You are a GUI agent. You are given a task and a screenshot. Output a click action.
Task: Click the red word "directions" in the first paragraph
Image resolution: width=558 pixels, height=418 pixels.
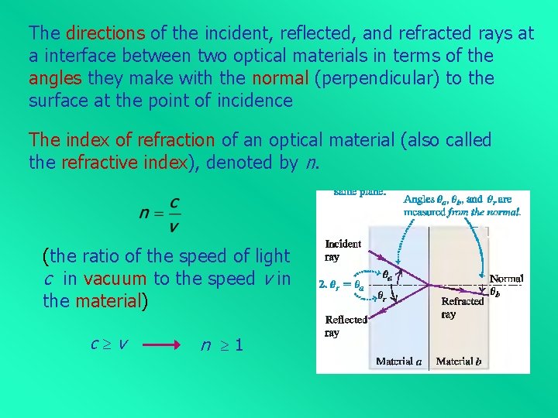105,33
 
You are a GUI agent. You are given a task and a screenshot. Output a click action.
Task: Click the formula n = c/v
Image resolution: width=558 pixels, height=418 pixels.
161,212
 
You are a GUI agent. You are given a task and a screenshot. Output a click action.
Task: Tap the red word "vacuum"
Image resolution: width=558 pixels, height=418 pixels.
115,279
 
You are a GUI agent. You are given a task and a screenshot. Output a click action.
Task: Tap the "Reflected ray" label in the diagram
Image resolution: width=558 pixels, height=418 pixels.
346,326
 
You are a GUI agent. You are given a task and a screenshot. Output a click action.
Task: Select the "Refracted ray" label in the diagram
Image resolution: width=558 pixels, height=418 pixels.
462,307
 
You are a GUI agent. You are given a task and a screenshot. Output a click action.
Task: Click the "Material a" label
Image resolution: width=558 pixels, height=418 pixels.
400,361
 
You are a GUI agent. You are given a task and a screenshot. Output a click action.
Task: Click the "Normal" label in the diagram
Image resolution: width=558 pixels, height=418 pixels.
507,279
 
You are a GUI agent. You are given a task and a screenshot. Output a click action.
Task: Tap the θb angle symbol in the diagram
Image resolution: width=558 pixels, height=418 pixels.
494,293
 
